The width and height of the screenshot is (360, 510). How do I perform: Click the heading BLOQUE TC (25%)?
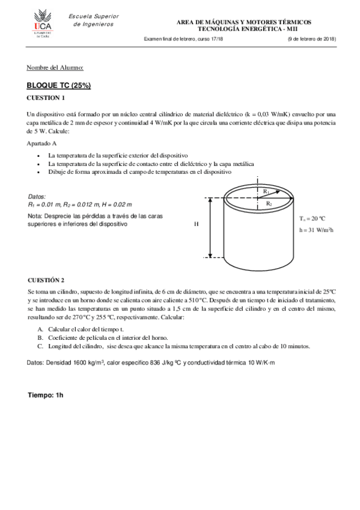click(59, 85)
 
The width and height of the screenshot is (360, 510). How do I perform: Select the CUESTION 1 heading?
click(46, 97)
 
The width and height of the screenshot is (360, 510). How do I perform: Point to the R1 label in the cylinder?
click(265, 191)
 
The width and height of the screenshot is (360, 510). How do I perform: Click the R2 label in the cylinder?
click(269, 204)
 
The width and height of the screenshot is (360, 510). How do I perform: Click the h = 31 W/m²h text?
click(316, 230)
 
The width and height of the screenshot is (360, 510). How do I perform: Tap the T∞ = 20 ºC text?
click(312, 218)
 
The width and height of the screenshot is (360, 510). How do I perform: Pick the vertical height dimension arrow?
click(210, 228)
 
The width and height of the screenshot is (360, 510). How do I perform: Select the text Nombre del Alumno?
click(55, 67)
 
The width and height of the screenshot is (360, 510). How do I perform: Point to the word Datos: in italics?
click(38, 197)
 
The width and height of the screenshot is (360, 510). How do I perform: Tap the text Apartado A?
click(42, 144)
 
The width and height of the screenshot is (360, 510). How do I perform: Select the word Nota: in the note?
click(35, 215)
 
